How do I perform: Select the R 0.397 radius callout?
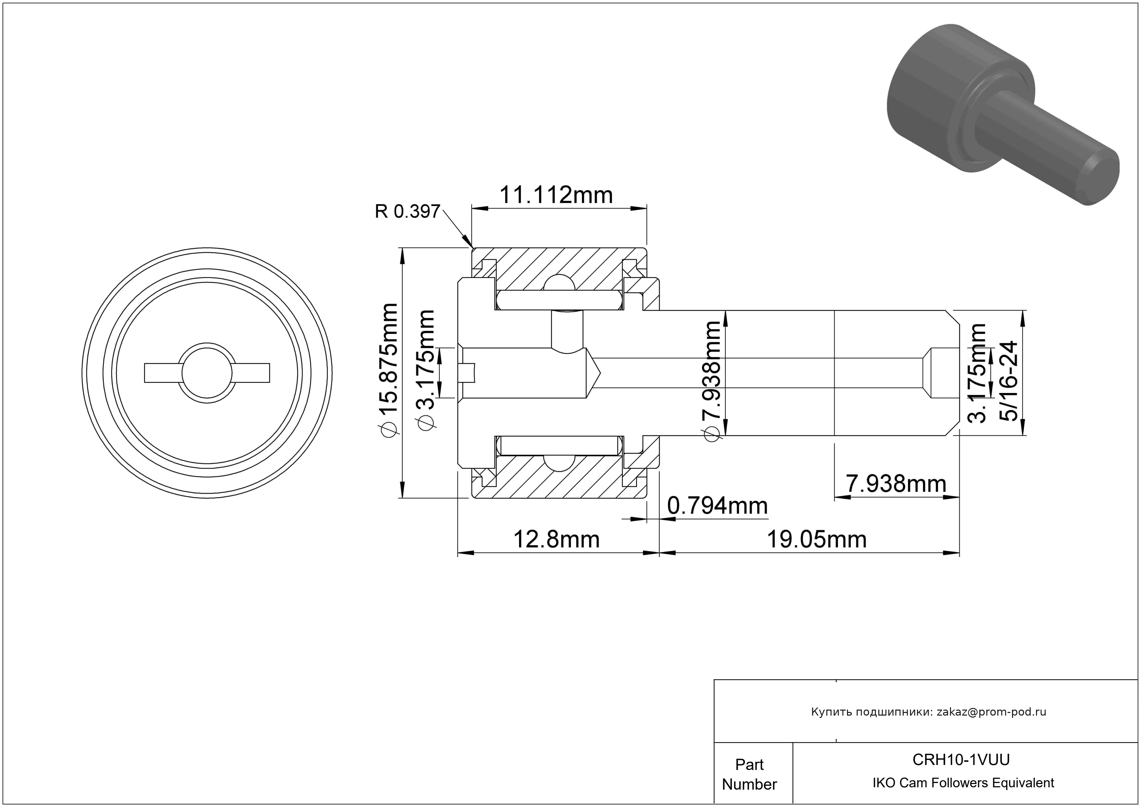click(407, 212)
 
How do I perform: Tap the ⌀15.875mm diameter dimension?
click(388, 370)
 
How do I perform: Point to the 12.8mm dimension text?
click(556, 539)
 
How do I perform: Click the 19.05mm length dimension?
click(817, 539)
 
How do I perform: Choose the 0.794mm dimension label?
click(717, 506)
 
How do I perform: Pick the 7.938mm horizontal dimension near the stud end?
click(896, 484)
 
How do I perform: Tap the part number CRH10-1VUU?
click(961, 760)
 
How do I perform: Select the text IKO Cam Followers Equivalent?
click(963, 783)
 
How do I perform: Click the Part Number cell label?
click(749, 774)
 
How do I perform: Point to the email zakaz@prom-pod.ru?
click(991, 712)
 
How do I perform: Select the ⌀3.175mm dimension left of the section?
click(426, 370)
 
